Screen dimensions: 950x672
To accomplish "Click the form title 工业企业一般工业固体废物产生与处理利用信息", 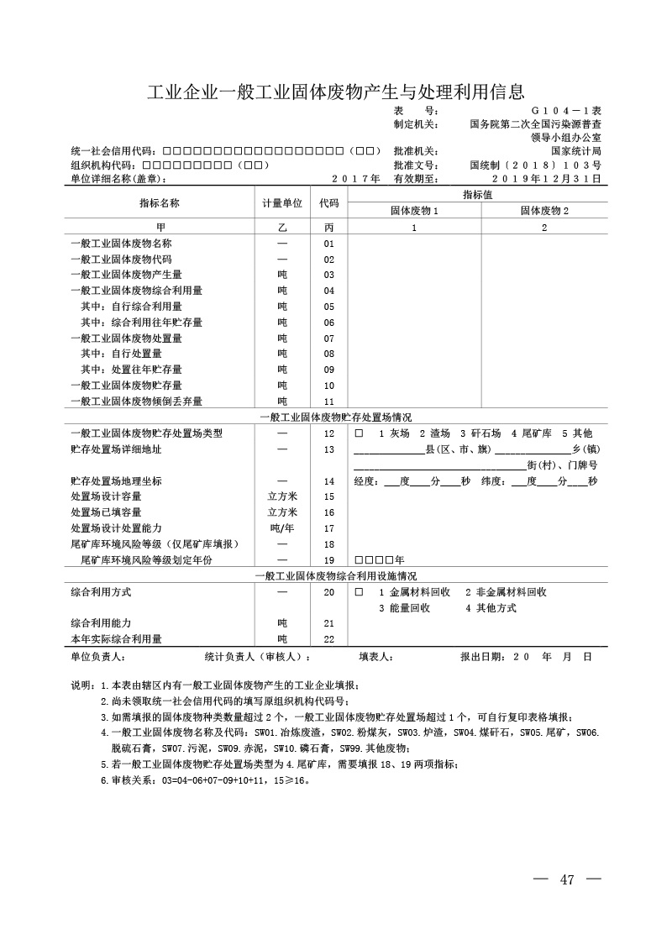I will (x=336, y=91).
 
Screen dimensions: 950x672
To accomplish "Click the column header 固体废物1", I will (x=413, y=211).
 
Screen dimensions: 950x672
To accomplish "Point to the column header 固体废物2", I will (x=544, y=211).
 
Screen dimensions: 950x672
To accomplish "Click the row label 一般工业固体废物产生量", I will (x=126, y=275).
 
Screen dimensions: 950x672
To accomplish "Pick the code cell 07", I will (x=328, y=339).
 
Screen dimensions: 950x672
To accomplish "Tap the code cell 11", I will (x=328, y=402).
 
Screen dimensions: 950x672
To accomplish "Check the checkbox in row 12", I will (x=359, y=433).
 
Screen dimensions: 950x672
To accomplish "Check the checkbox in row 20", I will (x=359, y=592).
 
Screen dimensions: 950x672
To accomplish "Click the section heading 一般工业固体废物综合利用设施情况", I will (x=336, y=576).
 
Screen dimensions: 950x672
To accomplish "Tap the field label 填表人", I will (x=375, y=656).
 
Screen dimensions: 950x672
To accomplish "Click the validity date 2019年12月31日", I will (x=546, y=179).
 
